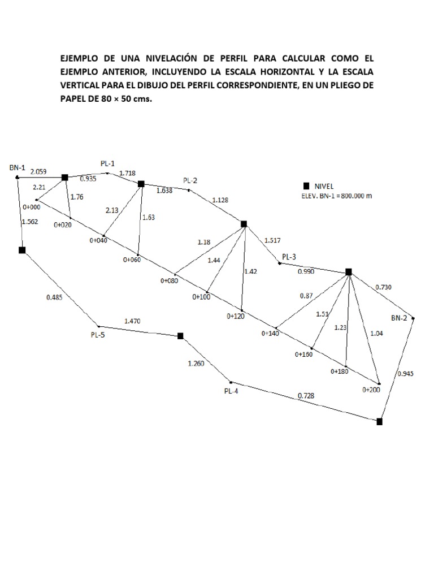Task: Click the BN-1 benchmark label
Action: click(18, 167)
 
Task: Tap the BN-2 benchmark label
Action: click(399, 318)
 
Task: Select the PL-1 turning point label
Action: click(108, 163)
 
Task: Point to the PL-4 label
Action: click(231, 390)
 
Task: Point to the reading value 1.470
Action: click(133, 321)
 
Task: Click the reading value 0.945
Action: click(406, 373)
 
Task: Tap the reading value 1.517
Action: click(272, 240)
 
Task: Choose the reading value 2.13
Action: click(112, 210)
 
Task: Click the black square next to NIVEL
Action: click(306, 185)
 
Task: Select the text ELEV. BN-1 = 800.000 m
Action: click(337, 196)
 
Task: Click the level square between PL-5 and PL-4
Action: click(180, 336)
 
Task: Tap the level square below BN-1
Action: click(22, 250)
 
